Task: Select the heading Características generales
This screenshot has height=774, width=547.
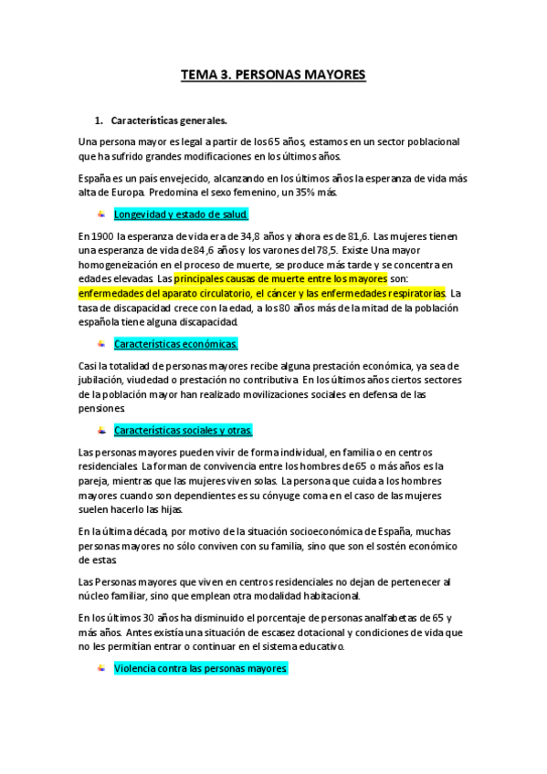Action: coord(168,120)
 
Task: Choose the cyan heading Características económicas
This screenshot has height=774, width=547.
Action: coord(175,344)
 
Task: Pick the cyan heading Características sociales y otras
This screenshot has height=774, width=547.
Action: coord(183,430)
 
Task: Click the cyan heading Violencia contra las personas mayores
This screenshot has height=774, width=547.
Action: coord(201,669)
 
